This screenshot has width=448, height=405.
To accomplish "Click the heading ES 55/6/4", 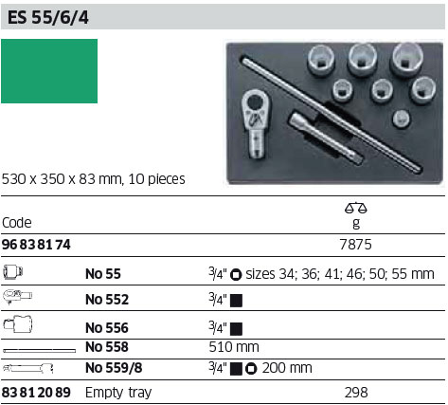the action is [x=48, y=17].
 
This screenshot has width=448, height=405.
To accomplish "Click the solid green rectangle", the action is [x=49, y=71].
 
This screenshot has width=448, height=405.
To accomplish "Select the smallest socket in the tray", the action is [x=402, y=119].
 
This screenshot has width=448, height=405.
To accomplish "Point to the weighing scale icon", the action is [x=356, y=208].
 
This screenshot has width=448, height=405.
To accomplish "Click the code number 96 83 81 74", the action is [x=36, y=245].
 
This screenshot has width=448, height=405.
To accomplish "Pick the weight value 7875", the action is [x=356, y=245].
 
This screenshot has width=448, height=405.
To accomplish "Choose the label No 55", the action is [x=103, y=274].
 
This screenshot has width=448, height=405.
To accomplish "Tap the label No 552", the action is [x=107, y=300].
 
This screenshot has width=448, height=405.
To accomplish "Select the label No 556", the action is [x=107, y=328].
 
